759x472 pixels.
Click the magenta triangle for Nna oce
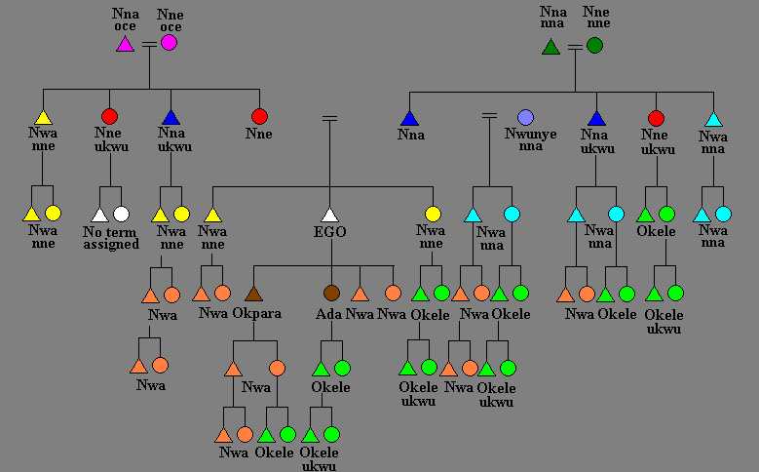tap(125, 44)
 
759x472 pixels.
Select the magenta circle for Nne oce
tap(170, 43)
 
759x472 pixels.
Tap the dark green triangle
tap(550, 46)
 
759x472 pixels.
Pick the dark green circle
tap(594, 45)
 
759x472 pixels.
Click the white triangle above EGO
tap(329, 215)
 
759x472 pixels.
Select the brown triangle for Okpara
tap(254, 293)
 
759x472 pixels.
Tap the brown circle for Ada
tap(331, 293)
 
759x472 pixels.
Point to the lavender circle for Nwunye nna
tap(526, 117)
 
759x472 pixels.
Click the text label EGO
tap(329, 232)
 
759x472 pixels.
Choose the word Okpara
tap(257, 314)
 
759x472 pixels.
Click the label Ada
tap(329, 314)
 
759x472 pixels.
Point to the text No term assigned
tap(111, 238)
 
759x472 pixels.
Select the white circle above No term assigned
tap(121, 214)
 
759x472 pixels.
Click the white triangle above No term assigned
tap(99, 215)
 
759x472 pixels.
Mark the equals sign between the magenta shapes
tap(148, 44)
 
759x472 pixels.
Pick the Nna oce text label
tap(125, 20)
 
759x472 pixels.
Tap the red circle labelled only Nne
tap(258, 117)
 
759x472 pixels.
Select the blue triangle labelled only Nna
tap(409, 118)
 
